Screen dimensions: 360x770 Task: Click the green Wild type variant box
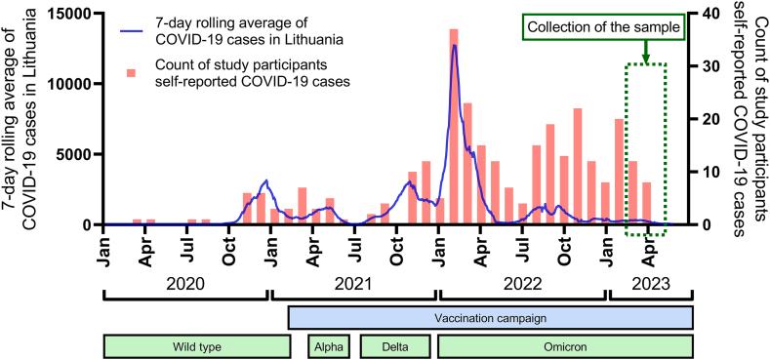point(196,346)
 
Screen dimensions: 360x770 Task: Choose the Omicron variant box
point(565,346)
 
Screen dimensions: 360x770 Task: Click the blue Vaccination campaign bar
point(490,318)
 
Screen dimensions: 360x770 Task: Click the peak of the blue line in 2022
point(454,46)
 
